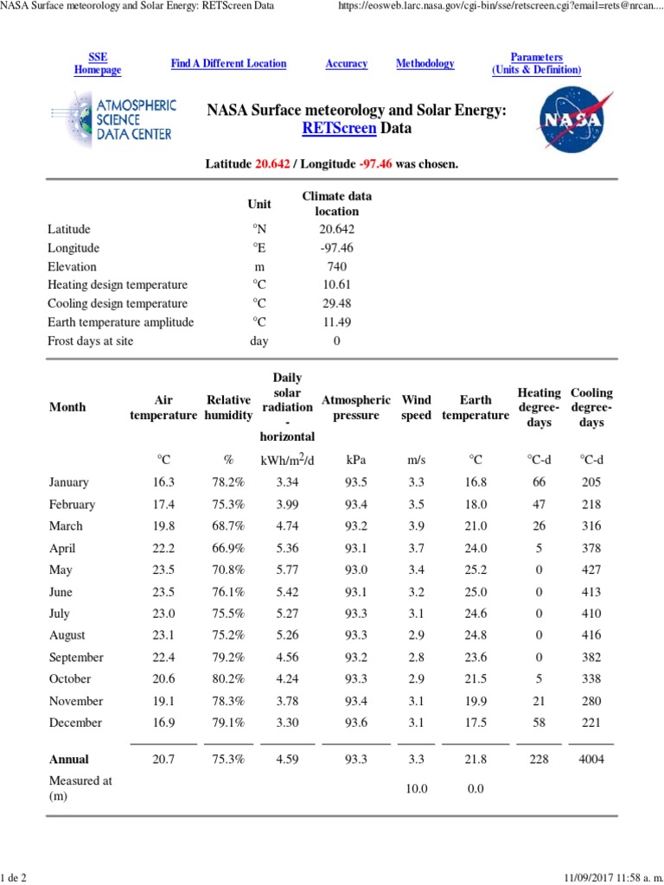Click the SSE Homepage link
pyautogui.click(x=98, y=63)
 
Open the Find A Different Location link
pyautogui.click(x=228, y=63)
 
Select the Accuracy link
pyautogui.click(x=346, y=63)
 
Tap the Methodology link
pyautogui.click(x=425, y=63)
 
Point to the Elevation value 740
pyautogui.click(x=336, y=267)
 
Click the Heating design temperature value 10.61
pyautogui.click(x=336, y=285)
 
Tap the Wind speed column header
pyautogui.click(x=416, y=408)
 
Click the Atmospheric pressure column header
pyautogui.click(x=356, y=408)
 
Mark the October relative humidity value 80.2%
pyautogui.click(x=228, y=679)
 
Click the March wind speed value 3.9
pyautogui.click(x=416, y=526)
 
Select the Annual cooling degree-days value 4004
pyautogui.click(x=591, y=760)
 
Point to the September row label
pyautogui.click(x=76, y=658)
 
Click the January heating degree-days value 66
pyautogui.click(x=539, y=482)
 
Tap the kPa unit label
pyautogui.click(x=355, y=460)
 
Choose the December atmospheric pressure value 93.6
pyautogui.click(x=355, y=723)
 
